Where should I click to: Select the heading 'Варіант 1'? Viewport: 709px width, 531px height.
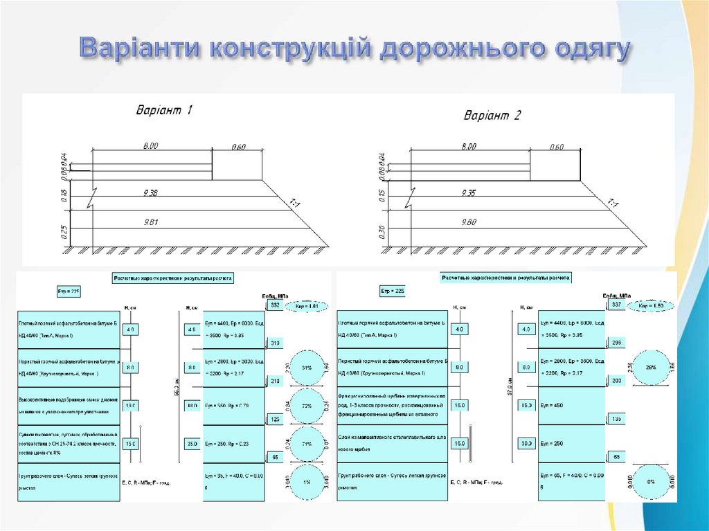(x=163, y=110)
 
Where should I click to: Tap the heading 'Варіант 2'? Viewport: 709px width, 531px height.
(x=492, y=115)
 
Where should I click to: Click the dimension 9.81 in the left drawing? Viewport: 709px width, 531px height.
(x=150, y=222)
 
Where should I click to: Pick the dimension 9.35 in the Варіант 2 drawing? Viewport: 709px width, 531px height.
(x=468, y=193)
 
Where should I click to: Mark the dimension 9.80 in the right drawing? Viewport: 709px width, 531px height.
(x=468, y=222)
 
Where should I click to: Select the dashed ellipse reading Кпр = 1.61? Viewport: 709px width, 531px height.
(x=305, y=305)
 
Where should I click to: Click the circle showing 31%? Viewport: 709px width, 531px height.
(x=305, y=368)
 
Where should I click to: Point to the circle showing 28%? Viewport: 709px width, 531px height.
(x=651, y=368)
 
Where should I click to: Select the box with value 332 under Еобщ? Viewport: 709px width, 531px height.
(x=274, y=305)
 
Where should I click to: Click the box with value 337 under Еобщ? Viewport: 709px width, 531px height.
(x=613, y=305)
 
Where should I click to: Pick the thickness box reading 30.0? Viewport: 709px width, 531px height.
(x=526, y=443)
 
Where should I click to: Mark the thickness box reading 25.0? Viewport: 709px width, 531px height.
(x=192, y=443)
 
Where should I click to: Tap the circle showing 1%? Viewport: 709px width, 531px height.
(x=305, y=481)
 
